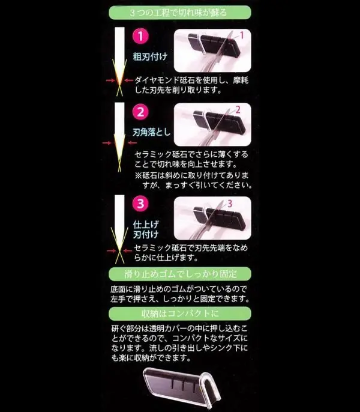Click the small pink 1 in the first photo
[242, 35]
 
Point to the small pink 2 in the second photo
[238, 109]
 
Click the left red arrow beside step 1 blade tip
[108, 80]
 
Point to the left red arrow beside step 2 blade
[107, 144]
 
